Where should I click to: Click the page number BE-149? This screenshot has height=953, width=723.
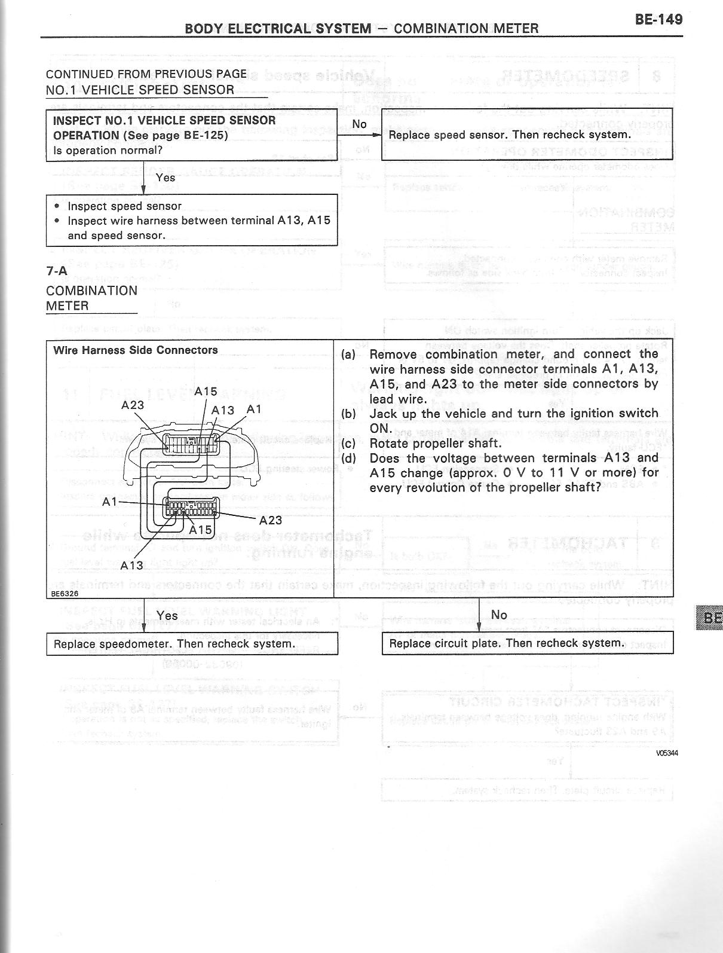(658, 19)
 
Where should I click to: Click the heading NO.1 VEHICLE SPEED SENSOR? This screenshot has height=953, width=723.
(140, 90)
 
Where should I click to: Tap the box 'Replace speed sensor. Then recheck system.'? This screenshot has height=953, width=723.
(527, 135)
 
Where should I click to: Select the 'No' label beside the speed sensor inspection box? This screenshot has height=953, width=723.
(359, 124)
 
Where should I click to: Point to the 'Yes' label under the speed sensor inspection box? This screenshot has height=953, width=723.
(165, 178)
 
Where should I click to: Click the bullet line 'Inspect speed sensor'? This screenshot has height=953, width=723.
(124, 206)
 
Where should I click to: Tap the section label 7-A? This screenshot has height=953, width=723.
(57, 270)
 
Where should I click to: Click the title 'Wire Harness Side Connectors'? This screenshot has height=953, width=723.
(136, 350)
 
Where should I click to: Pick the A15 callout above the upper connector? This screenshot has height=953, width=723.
(206, 392)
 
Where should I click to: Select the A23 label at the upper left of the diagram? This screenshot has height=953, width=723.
(133, 405)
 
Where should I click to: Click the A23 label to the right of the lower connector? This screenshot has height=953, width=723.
(271, 520)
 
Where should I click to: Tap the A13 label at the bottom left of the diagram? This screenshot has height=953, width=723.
(131, 565)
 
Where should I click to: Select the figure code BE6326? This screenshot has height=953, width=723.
(64, 594)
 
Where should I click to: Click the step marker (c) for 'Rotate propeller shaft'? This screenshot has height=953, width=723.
(348, 443)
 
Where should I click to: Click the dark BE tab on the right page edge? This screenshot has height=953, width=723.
(709, 617)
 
